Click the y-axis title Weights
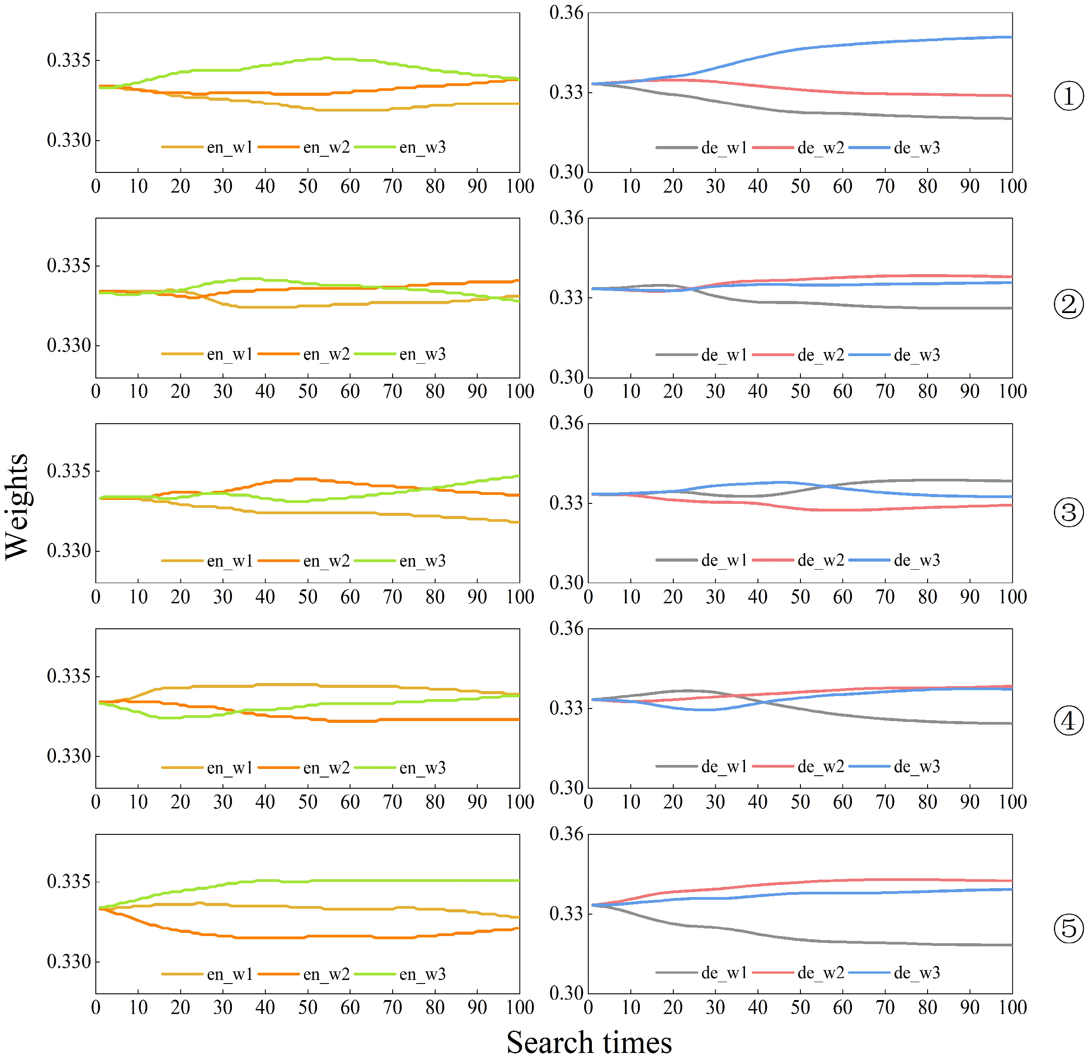tap(17, 506)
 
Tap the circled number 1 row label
tap(1068, 96)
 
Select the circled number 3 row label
tap(1068, 512)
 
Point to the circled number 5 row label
tap(1068, 928)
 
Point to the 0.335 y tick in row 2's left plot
tap(68, 265)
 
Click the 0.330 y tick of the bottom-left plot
tap(68, 962)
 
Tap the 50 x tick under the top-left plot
tap(308, 186)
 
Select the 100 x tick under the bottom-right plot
tap(1012, 1008)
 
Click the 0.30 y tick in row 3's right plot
tap(566, 583)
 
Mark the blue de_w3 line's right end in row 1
tap(1011, 37)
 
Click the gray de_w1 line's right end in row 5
tap(1011, 945)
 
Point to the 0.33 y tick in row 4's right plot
tap(566, 708)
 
